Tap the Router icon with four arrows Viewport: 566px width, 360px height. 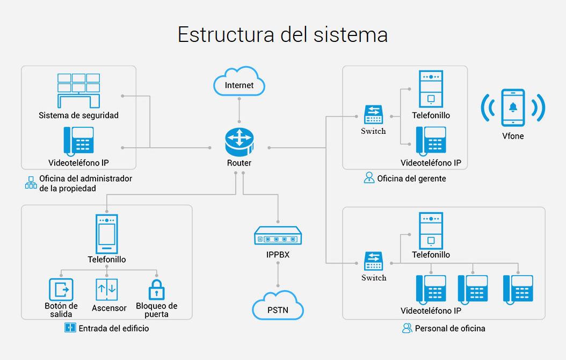[239, 141]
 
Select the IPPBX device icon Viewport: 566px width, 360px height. [278, 236]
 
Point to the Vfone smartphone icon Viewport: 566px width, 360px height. [513, 107]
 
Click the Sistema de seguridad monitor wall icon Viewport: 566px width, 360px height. [78, 90]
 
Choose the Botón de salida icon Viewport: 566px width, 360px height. [61, 289]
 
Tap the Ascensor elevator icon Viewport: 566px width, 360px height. [106, 289]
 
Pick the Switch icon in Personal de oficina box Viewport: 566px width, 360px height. [374, 262]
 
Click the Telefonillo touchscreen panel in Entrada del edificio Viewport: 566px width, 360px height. [106, 234]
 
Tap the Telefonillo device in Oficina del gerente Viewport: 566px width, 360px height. [431, 89]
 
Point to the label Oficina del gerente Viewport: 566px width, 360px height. [411, 178]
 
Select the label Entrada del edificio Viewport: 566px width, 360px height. [114, 328]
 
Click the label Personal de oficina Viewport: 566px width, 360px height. [450, 328]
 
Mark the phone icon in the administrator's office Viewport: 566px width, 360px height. [78, 141]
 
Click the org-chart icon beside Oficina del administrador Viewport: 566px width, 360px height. [30, 183]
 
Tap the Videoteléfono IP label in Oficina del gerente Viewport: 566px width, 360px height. [431, 163]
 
